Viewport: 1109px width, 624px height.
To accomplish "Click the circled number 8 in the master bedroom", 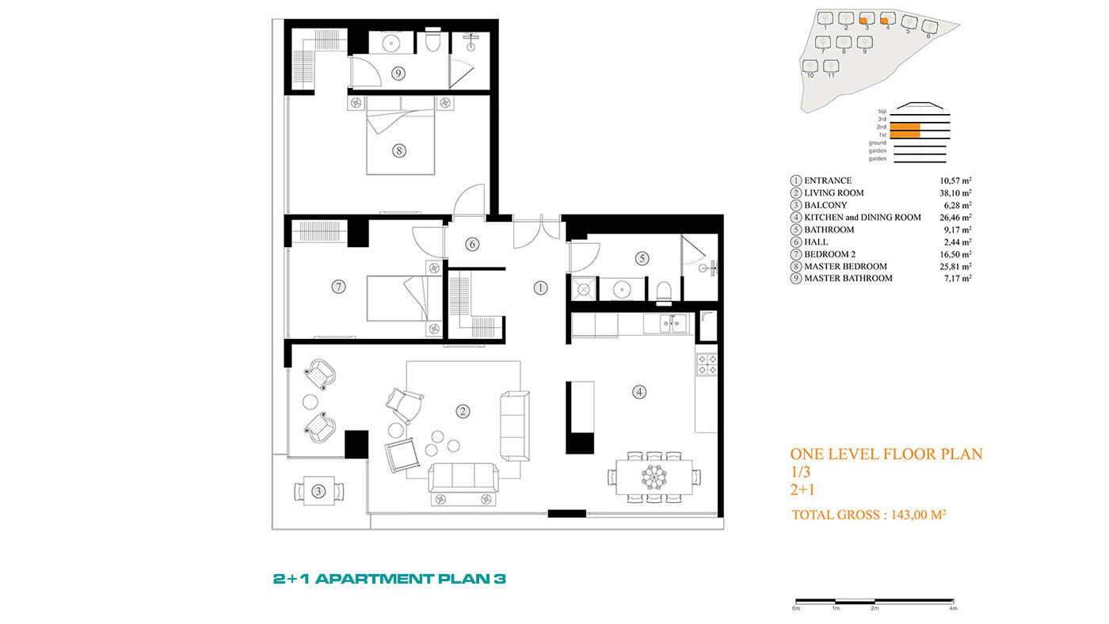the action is [399, 150].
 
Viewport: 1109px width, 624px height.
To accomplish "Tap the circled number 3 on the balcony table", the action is [318, 492].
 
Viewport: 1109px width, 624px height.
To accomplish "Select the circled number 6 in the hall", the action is [472, 244].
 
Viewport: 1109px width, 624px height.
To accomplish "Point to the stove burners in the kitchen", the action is [707, 363].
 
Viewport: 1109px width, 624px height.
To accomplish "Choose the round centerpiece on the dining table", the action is [654, 477].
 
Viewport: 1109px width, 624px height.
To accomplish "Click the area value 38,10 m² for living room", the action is [955, 193].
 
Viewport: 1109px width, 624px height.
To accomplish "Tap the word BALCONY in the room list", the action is [825, 205].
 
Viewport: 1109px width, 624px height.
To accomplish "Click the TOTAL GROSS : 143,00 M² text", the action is [869, 516].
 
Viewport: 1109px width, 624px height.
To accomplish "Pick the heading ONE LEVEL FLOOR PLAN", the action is [886, 454].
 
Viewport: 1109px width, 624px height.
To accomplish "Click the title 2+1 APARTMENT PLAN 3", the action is [390, 579].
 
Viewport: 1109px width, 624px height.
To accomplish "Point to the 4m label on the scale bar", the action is [953, 608].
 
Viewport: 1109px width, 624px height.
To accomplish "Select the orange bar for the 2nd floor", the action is [905, 127].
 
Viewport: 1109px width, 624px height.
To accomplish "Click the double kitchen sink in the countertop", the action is [673, 324].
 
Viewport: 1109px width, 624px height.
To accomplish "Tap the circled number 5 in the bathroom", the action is [642, 258].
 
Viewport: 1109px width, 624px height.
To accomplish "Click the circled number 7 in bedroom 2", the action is [338, 286].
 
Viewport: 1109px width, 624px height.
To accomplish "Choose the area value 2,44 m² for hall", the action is [958, 242].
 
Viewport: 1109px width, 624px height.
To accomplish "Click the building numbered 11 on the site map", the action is [831, 67].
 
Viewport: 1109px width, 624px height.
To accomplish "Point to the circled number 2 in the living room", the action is [463, 411].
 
